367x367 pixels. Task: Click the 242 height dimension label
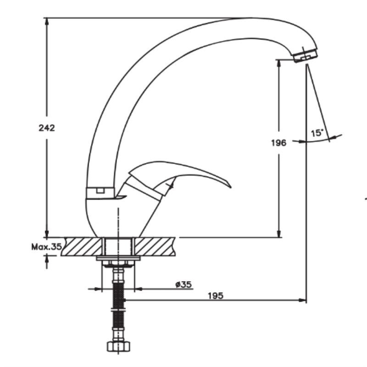47,128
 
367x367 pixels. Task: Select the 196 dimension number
279,143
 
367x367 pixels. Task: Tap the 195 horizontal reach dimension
216,295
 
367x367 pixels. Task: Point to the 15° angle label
317,133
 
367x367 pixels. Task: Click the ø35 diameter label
183,284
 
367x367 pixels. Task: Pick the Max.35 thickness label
46,246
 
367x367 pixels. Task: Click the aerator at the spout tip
306,55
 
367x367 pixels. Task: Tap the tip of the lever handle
231,187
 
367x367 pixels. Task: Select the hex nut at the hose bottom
118,346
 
